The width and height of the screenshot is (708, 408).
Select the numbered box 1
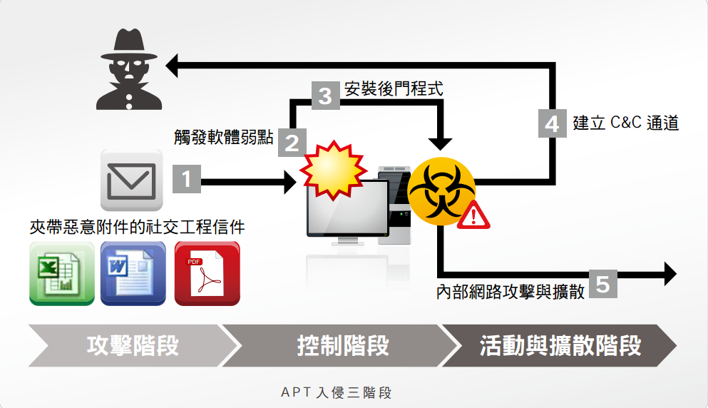188,178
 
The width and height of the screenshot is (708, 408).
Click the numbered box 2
292,142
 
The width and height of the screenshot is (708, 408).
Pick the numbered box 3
325,95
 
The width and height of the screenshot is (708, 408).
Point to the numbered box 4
552,123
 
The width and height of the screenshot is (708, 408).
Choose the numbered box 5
602,284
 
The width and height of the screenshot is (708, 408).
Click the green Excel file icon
62,273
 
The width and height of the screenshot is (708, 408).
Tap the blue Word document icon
133,273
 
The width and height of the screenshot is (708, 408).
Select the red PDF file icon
207,273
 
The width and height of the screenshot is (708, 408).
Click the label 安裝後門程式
394,90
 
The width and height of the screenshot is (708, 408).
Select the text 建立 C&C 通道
625,123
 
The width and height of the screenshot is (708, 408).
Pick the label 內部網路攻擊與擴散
511,292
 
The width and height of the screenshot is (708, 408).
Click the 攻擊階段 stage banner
133,346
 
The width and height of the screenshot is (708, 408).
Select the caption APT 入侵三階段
337,392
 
